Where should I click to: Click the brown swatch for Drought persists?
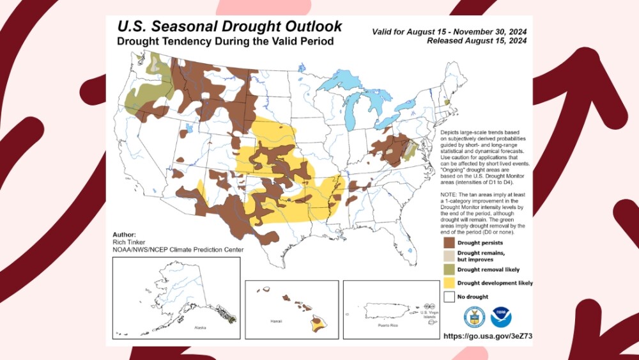tap(449, 243)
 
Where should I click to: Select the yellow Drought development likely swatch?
tap(449, 283)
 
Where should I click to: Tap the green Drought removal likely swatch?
tap(449, 269)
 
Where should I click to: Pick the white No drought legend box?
tap(449, 296)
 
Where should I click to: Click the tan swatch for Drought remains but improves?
tap(449, 256)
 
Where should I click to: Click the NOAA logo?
tap(501, 317)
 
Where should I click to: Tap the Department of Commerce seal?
tap(474, 317)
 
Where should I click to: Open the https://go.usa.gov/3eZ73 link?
tap(488, 336)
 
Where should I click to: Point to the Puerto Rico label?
tap(387, 325)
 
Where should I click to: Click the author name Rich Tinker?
tap(128, 242)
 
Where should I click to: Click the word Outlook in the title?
tap(307, 27)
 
